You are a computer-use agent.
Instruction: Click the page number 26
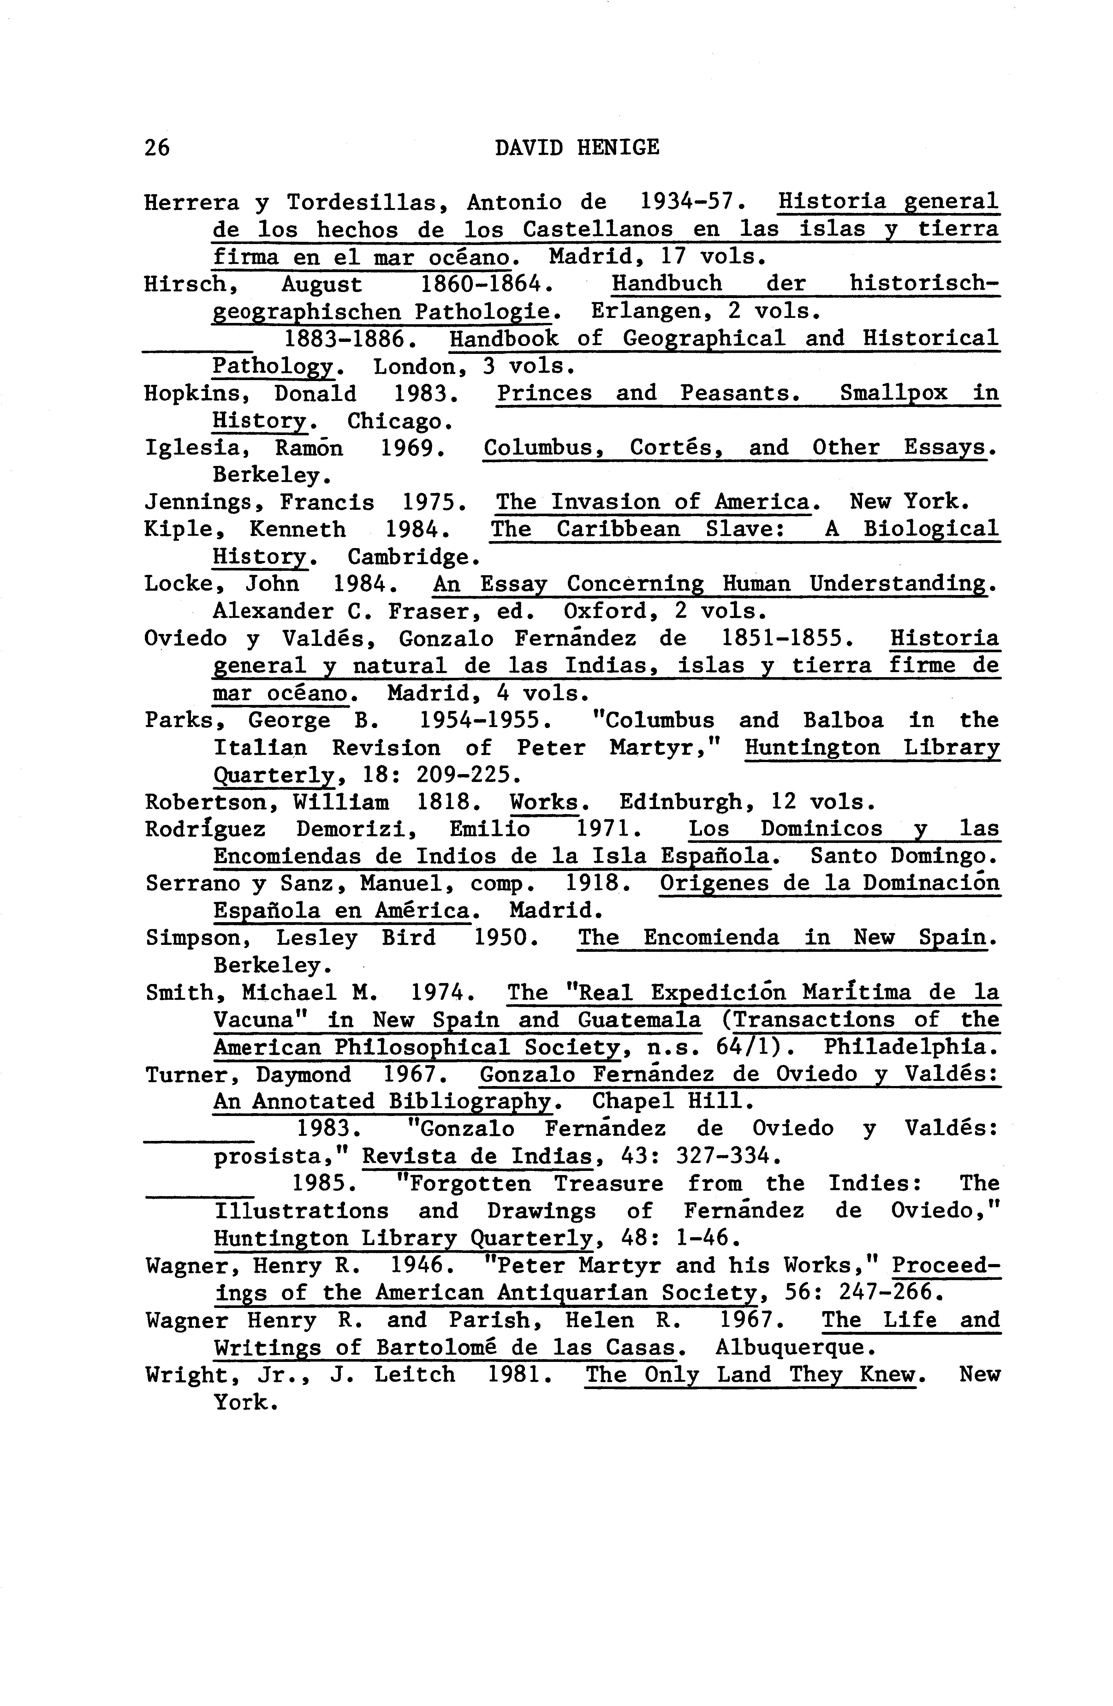[x=157, y=148]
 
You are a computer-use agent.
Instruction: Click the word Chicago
[x=398, y=421]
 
